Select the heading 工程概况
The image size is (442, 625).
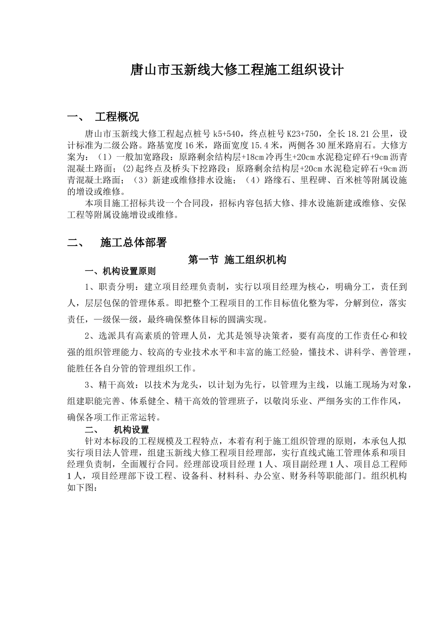(116, 116)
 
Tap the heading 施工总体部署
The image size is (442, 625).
(133, 242)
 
